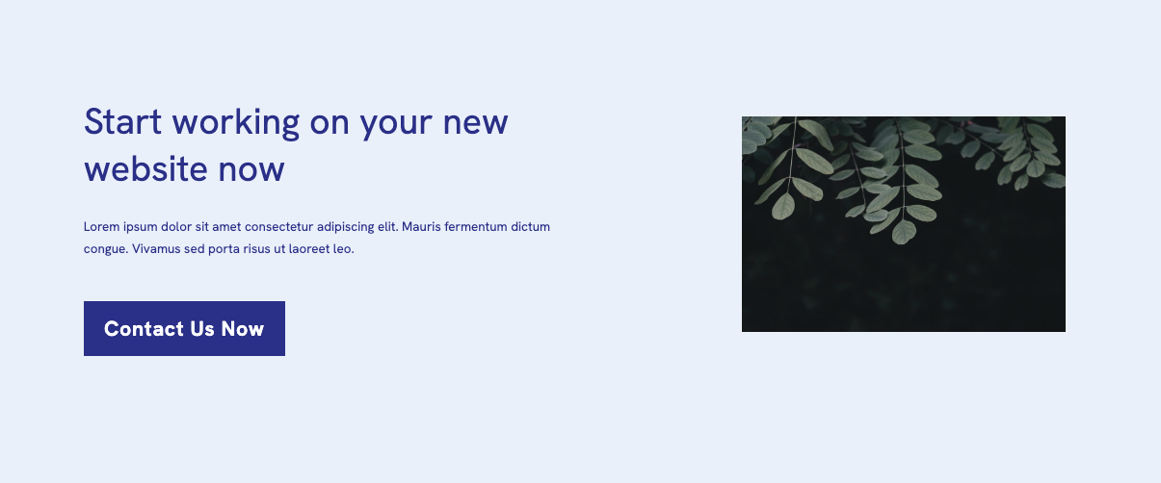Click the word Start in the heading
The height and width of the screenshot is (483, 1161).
122,122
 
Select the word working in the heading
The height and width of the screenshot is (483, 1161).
236,124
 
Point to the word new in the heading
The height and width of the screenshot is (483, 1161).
475,124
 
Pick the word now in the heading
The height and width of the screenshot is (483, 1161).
251,171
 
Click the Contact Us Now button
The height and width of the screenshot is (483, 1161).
184,328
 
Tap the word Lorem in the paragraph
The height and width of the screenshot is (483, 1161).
101,227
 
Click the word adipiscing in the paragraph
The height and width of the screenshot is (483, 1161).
346,227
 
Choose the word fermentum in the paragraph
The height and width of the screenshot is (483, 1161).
475,227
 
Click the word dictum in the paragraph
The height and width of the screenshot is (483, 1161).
530,227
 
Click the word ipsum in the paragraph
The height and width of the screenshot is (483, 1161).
140,227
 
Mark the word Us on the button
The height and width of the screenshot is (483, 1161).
201,329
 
